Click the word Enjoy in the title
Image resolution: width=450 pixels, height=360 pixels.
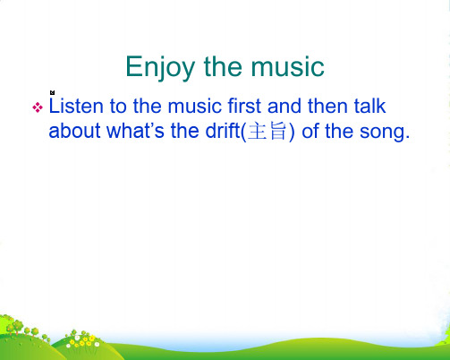pyautogui.click(x=160, y=68)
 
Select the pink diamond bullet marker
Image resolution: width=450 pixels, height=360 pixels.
pyautogui.click(x=38, y=107)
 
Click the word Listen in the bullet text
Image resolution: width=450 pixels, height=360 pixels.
pyautogui.click(x=76, y=106)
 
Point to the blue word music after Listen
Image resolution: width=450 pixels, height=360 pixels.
pyautogui.click(x=195, y=106)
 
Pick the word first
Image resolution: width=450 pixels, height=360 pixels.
pyautogui.click(x=244, y=106)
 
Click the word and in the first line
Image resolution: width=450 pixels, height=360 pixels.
pyautogui.click(x=284, y=106)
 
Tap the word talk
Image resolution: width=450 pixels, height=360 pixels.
pyautogui.click(x=369, y=106)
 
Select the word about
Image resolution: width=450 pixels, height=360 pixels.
pyautogui.click(x=74, y=131)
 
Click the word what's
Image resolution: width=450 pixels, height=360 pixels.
pyautogui.click(x=135, y=131)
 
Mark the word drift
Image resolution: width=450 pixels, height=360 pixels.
pyautogui.click(x=223, y=131)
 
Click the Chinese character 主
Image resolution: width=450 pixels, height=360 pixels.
pyautogui.click(x=257, y=132)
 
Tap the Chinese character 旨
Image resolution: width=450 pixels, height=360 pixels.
pyautogui.click(x=278, y=132)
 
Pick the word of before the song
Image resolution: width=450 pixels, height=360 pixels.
pyautogui.click(x=310, y=131)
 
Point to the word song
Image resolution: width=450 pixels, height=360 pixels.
pyautogui.click(x=382, y=133)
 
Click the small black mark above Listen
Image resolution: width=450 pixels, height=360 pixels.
pyautogui.click(x=53, y=92)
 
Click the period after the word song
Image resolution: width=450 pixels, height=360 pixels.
pyautogui.click(x=408, y=137)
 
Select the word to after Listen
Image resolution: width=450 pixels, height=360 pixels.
pyautogui.click(x=118, y=107)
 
